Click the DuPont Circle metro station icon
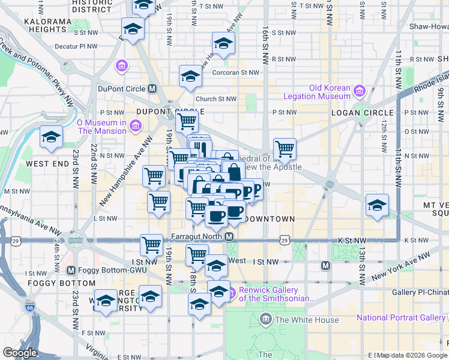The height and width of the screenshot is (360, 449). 152,89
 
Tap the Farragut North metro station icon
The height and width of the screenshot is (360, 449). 229,237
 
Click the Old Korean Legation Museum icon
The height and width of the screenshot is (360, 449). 360,91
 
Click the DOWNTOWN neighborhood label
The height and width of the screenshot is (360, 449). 270,219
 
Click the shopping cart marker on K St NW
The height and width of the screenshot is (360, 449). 151,244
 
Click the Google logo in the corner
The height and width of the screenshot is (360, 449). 20,353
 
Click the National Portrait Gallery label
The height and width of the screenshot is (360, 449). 402,317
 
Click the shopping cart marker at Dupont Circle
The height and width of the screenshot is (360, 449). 187,120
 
